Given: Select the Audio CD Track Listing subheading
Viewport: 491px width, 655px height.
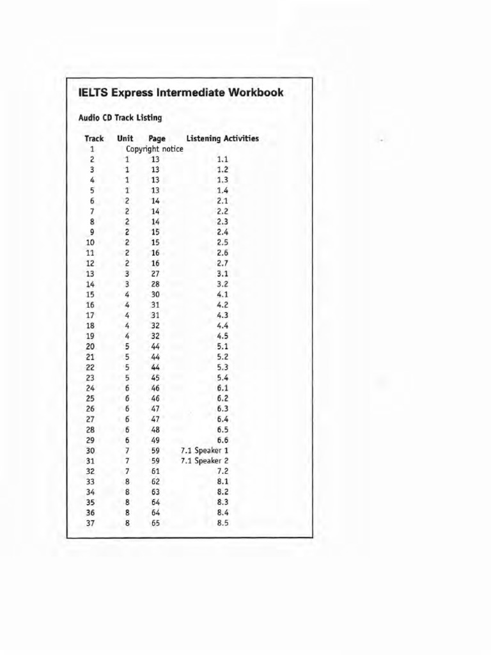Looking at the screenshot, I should [120, 118].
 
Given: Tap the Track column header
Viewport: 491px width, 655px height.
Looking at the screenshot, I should [93, 138].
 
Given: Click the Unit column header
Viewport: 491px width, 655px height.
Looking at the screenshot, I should [125, 138].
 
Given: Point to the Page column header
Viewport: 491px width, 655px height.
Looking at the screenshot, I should [157, 138].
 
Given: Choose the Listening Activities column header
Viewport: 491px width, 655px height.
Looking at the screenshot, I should [222, 138].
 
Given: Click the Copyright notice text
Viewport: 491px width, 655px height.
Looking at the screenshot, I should [155, 149].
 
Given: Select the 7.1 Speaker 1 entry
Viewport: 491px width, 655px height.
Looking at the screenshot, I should [205, 450].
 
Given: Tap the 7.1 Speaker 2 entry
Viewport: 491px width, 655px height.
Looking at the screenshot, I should [205, 461].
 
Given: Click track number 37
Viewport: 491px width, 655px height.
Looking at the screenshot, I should [90, 523].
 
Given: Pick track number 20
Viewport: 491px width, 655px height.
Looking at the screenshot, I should [90, 346].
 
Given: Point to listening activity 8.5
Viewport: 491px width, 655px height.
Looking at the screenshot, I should [222, 523].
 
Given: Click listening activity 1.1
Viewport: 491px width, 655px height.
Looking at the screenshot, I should [222, 159].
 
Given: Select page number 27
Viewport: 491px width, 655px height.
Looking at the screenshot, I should [155, 273].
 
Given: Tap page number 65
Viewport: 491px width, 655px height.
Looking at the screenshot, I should [155, 523].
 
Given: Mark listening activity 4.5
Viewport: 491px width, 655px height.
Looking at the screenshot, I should [222, 336].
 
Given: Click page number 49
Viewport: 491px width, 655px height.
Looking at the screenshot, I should [155, 439].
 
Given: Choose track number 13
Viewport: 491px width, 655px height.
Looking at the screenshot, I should [90, 273].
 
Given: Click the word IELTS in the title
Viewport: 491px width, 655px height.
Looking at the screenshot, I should [93, 93].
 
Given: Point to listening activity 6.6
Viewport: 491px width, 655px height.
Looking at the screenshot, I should [222, 439].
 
